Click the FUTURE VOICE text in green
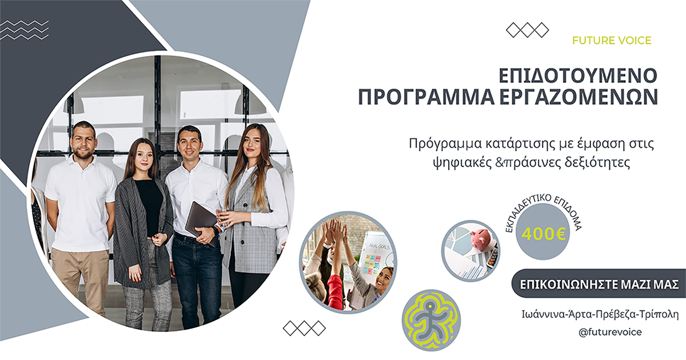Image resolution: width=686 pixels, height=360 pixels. [x=611, y=41]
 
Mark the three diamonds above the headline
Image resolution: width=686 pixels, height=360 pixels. [x=527, y=30]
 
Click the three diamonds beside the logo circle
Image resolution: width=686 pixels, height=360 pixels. [x=304, y=328]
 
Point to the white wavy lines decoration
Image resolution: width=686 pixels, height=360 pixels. [x=24, y=30]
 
